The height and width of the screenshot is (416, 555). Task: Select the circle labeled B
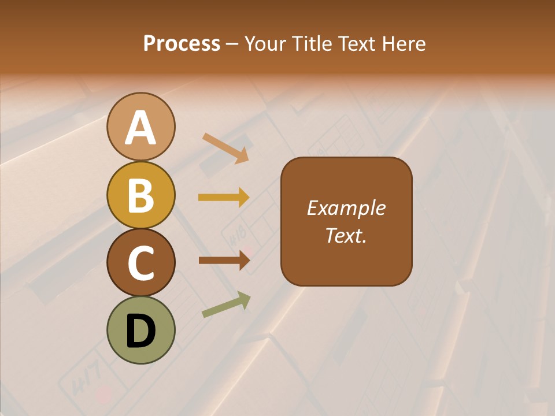tap(140, 195)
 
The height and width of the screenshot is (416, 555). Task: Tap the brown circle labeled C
tap(140, 263)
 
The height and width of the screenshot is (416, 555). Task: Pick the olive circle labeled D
tap(140, 330)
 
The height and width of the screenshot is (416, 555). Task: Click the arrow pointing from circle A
tap(225, 148)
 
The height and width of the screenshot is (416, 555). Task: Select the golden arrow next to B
tap(224, 198)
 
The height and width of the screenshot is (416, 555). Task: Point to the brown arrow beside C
tap(224, 261)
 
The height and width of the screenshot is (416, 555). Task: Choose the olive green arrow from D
tap(226, 305)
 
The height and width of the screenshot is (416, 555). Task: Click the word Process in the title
tap(182, 43)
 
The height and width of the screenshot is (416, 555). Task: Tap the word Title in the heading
tap(312, 43)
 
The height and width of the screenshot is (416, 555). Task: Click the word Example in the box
tap(346, 208)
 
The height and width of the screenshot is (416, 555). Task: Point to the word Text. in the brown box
tap(346, 235)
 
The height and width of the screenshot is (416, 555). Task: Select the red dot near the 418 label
tap(247, 250)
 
